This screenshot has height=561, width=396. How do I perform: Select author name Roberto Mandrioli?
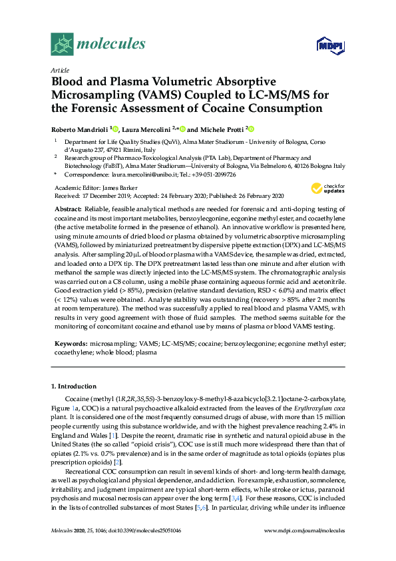[80, 129]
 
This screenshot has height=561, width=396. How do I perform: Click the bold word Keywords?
[70, 344]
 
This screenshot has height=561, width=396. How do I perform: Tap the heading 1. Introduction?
[73, 386]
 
